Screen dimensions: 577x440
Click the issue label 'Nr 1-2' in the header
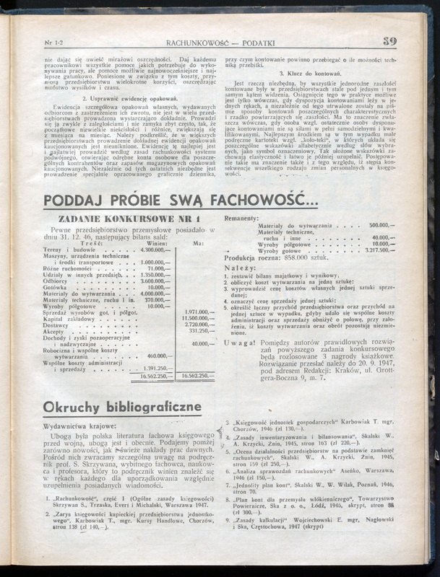click(55, 43)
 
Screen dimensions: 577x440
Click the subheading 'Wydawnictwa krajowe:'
click(74, 426)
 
